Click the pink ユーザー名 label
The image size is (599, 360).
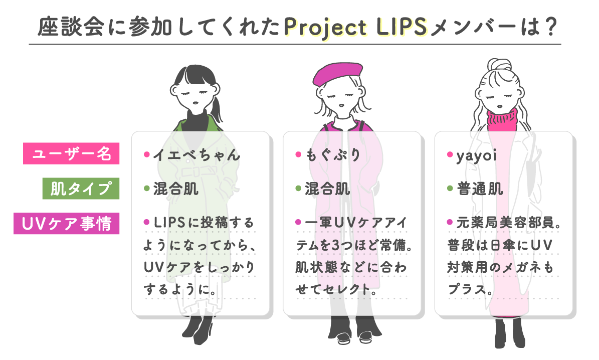71,154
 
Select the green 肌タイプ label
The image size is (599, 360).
81,189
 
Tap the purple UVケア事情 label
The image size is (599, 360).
66,224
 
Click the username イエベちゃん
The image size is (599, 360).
196,155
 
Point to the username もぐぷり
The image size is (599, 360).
333,155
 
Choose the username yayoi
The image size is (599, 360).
476,155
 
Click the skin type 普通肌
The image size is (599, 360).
480,190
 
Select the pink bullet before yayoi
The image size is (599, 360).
450,154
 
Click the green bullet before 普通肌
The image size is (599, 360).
450,190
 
